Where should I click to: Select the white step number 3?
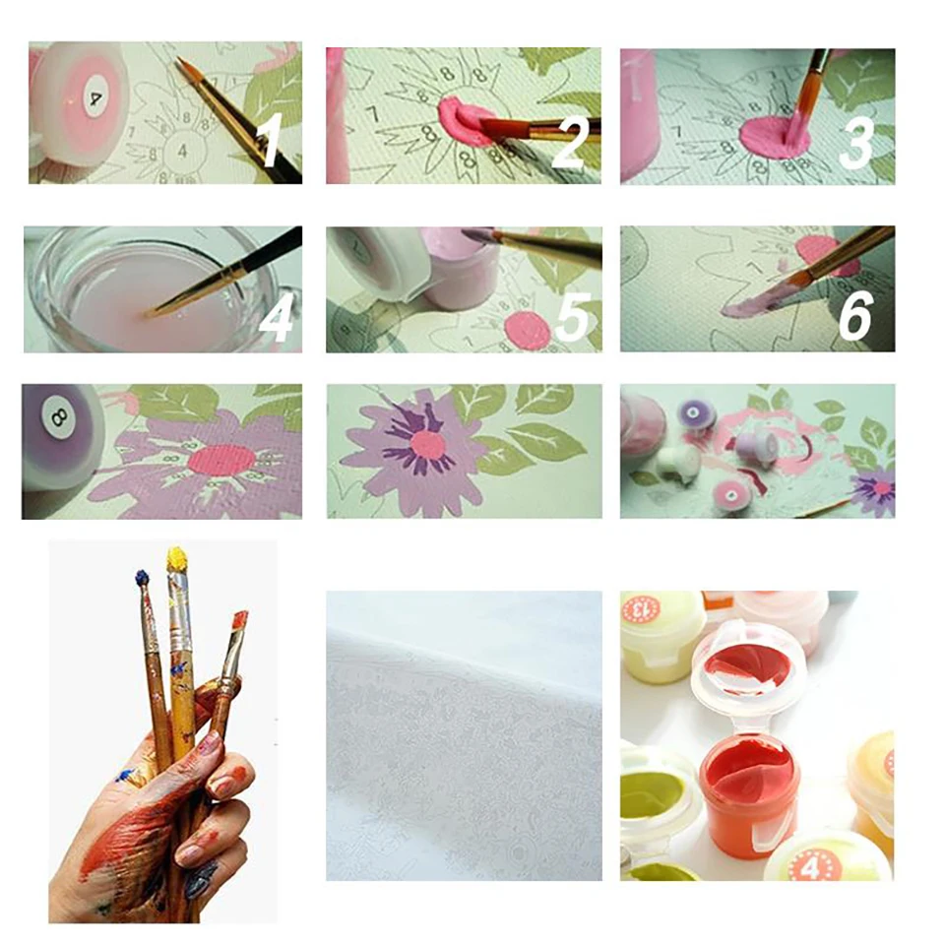pos(855,144)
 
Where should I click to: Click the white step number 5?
pos(571,317)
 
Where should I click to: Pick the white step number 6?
pos(854,318)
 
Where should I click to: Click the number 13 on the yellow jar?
pos(640,608)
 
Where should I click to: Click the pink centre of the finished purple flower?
pos(428,444)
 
